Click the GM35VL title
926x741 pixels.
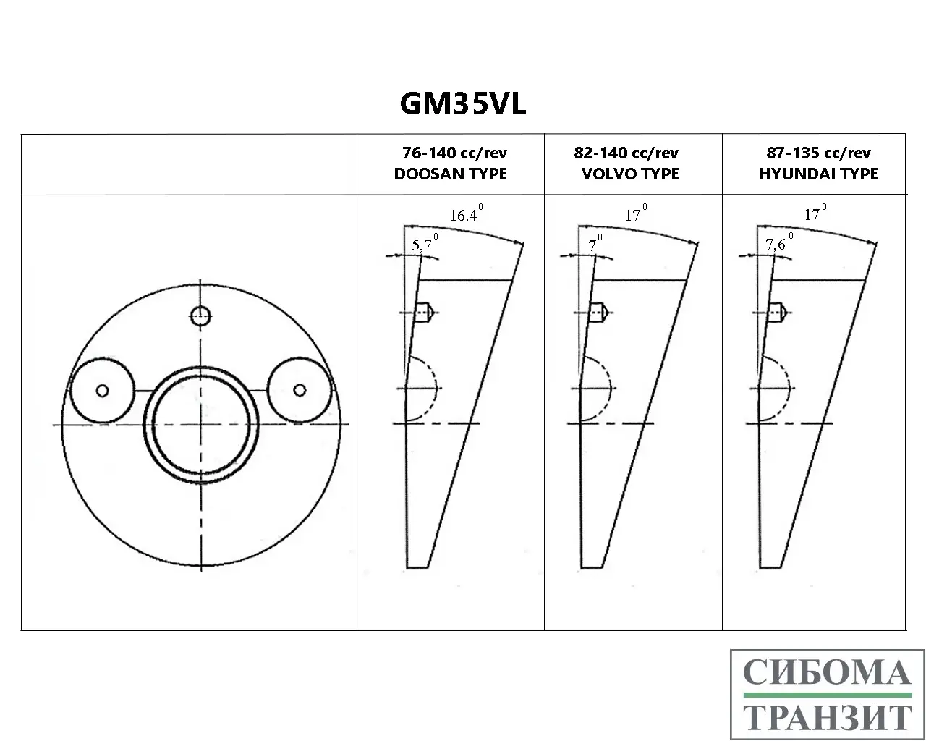(x=462, y=103)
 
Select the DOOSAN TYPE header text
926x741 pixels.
(x=451, y=174)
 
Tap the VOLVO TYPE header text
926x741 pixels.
(x=630, y=174)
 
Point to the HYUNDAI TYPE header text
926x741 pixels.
(x=818, y=174)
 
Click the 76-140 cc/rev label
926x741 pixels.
(x=454, y=153)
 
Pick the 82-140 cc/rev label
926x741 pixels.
(x=626, y=153)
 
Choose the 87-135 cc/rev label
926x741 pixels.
(x=818, y=153)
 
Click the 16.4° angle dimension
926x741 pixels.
(x=466, y=213)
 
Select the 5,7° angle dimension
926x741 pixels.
(x=425, y=243)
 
